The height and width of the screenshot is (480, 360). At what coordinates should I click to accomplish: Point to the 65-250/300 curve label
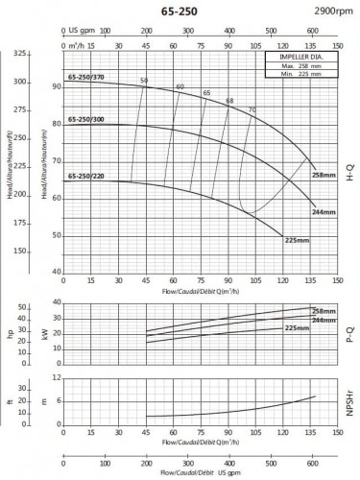click(x=85, y=121)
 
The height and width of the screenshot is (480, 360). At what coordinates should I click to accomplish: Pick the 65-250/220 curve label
click(x=85, y=177)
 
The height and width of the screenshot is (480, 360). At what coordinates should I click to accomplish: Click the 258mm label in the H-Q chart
click(x=325, y=176)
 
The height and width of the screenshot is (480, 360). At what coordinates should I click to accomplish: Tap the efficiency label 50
click(x=144, y=81)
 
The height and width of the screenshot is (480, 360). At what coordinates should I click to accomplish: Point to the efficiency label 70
click(x=252, y=109)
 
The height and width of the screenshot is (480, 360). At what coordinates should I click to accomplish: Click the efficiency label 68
click(x=229, y=101)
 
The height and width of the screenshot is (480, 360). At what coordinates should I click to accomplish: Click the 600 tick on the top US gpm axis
click(x=312, y=29)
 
